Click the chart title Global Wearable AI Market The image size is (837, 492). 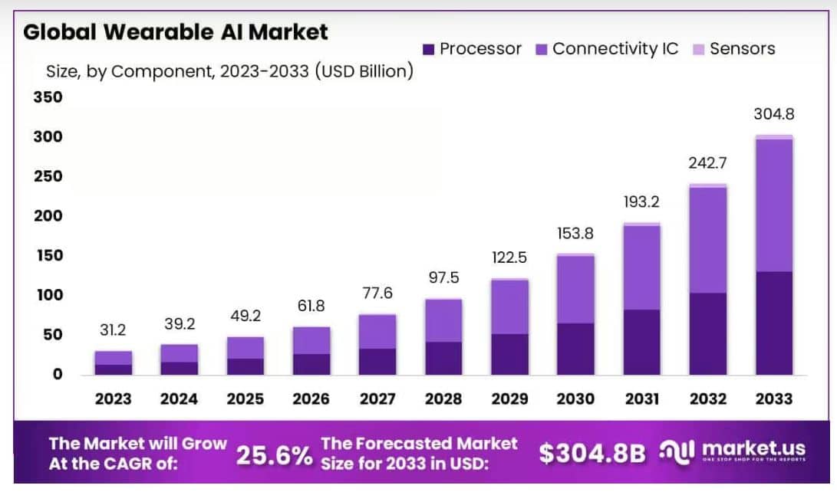pyautogui.click(x=176, y=32)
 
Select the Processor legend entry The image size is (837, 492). pyautogui.click(x=472, y=49)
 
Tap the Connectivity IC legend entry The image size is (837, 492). pyautogui.click(x=607, y=49)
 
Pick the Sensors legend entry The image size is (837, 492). pyautogui.click(x=733, y=49)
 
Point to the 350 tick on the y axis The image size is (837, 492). pyautogui.click(x=48, y=97)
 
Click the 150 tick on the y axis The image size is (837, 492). pyautogui.click(x=48, y=255)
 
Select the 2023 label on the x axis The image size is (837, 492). pyautogui.click(x=114, y=399)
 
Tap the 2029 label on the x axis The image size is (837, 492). pyautogui.click(x=509, y=399)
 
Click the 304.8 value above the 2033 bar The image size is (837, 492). pyautogui.click(x=773, y=114)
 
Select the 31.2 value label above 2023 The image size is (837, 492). pyautogui.click(x=113, y=330)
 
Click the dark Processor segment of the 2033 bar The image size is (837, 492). pyautogui.click(x=773, y=323)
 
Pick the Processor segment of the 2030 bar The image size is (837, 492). pyautogui.click(x=575, y=349)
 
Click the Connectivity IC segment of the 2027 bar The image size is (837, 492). pyautogui.click(x=377, y=332)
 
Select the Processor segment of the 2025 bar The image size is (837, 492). pyautogui.click(x=245, y=366)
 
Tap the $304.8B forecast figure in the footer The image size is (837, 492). pyautogui.click(x=592, y=454)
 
